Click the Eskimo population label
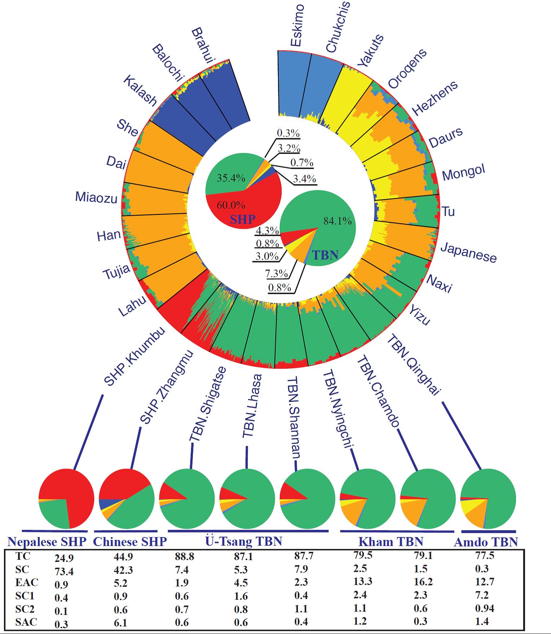[x=297, y=26]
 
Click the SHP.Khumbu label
[x=135, y=356]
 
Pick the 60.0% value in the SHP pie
[x=231, y=205]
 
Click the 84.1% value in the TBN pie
[x=337, y=221]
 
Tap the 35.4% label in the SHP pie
[x=231, y=178]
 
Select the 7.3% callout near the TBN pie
[x=277, y=274]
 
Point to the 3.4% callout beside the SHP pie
[x=304, y=178]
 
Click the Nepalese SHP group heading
[x=47, y=542]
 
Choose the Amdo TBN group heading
[x=486, y=542]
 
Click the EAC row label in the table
[x=27, y=582]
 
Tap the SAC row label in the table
[x=26, y=622]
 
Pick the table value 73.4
[x=64, y=571]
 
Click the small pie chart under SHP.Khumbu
[x=66, y=498]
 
